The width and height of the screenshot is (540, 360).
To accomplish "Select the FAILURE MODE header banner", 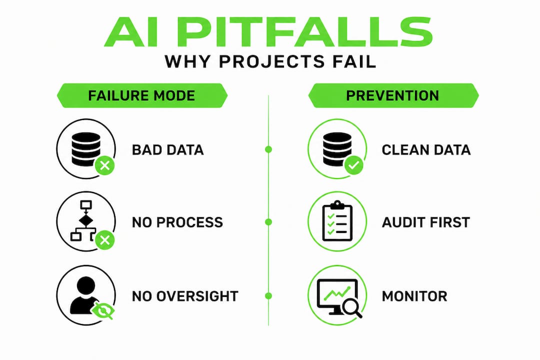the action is pos(142,95).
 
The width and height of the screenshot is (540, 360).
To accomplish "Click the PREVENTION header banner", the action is pos(393,95).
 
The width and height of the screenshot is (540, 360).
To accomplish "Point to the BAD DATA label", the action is pos(167,150).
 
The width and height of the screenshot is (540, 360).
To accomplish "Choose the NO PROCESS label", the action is pos(177,222).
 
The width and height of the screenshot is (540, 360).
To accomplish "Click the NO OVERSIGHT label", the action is pos(185,296).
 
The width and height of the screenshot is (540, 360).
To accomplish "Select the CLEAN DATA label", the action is pos(426,150).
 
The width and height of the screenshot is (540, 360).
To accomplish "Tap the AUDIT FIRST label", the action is pos(425,222).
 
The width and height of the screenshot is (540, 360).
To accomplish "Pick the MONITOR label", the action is pos(414,296).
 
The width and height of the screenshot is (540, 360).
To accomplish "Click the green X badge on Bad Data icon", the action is pos(104,165).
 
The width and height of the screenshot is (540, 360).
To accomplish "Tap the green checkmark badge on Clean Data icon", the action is pos(353,165).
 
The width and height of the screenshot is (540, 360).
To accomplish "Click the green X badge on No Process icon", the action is pos(104,240).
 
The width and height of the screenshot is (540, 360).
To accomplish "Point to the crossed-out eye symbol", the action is pos(102,311).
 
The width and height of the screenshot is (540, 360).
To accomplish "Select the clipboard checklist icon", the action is pos(337,221).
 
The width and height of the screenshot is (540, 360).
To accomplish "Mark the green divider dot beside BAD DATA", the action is pos(268,149).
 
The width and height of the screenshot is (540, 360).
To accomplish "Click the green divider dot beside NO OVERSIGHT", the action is pos(268,295).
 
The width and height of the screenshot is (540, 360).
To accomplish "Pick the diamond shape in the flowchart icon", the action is pos(86,220).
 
